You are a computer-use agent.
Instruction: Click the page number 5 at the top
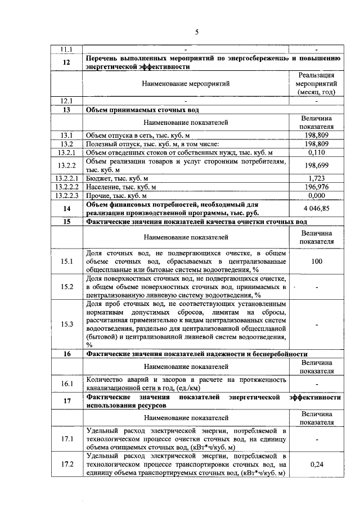point(197,31)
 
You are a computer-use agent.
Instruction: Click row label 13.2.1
point(66,152)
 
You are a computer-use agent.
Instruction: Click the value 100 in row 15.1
point(316,261)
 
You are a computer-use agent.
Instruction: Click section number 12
point(66,62)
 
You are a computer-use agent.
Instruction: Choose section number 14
point(66,208)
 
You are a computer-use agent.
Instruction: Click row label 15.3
point(66,324)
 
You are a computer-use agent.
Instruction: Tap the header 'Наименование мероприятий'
point(186,84)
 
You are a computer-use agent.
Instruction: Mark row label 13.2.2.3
point(66,195)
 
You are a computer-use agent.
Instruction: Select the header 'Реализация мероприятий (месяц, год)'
point(316,84)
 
